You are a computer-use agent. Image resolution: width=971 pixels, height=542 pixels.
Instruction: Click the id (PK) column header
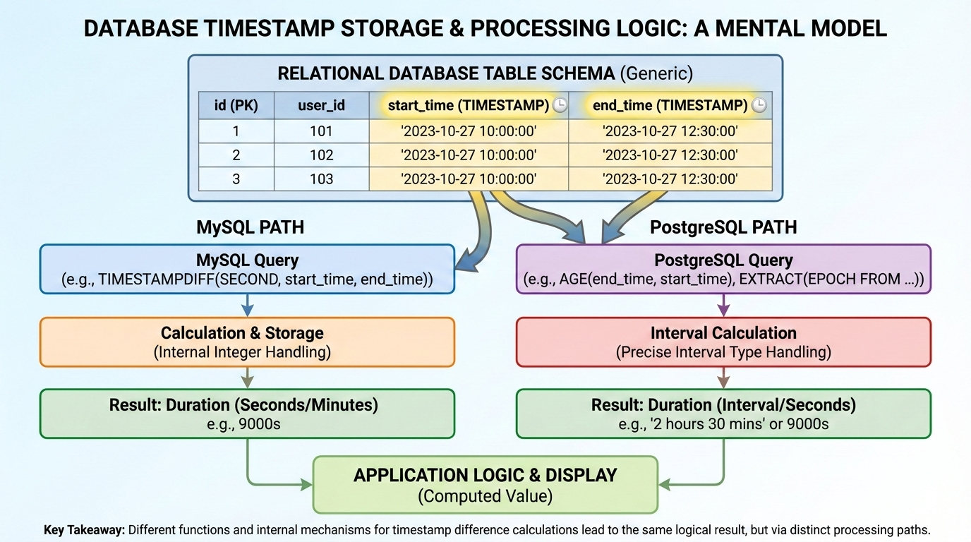pyautogui.click(x=236, y=106)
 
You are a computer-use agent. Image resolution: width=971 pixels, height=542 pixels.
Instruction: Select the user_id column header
pyautogui.click(x=321, y=106)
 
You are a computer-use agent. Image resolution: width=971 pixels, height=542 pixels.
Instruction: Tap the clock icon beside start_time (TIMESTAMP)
pyautogui.click(x=560, y=106)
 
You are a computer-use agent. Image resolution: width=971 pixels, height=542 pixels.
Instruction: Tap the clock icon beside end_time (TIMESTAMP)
pyautogui.click(x=759, y=106)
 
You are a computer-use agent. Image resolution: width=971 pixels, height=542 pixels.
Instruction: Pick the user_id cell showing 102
pyautogui.click(x=321, y=155)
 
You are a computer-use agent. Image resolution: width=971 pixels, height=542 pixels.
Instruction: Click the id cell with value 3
pyautogui.click(x=236, y=179)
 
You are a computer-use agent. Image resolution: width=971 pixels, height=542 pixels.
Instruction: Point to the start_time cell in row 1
pyautogui.click(x=469, y=131)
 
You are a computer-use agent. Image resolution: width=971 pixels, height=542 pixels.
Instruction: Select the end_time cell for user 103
pyautogui.click(x=670, y=179)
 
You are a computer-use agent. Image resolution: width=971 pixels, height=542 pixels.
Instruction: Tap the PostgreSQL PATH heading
pyautogui.click(x=723, y=228)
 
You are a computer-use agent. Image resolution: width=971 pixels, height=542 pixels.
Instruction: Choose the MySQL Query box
pyautogui.click(x=247, y=269)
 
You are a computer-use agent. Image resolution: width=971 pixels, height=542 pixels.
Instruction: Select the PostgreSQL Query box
pyautogui.click(x=723, y=269)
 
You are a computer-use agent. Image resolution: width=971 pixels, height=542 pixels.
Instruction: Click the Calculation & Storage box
pyautogui.click(x=247, y=342)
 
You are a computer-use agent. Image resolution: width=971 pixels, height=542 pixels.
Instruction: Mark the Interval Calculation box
pyautogui.click(x=723, y=342)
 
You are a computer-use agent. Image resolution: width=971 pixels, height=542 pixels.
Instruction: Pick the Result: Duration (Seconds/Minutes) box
pyautogui.click(x=247, y=414)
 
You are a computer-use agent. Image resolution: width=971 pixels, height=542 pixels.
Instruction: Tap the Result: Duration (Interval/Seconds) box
pyautogui.click(x=723, y=414)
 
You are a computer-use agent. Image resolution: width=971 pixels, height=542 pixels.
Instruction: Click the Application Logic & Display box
pyautogui.click(x=485, y=484)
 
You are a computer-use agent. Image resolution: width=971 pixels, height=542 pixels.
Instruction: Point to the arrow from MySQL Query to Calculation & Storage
pyautogui.click(x=247, y=305)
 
